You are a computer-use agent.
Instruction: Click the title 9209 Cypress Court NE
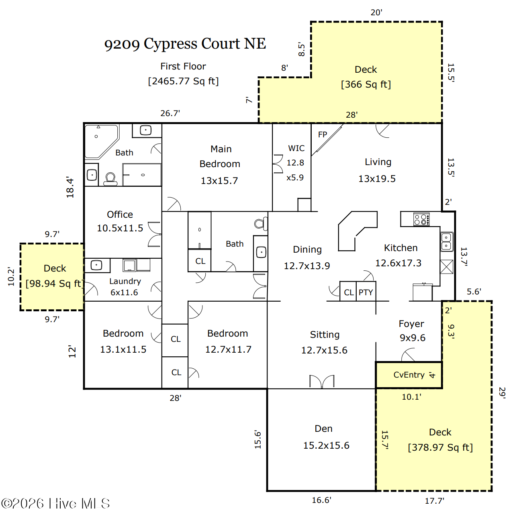[185, 44]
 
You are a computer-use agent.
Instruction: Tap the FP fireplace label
[323, 135]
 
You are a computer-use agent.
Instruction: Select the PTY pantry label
[366, 292]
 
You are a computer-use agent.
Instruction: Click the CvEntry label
[409, 375]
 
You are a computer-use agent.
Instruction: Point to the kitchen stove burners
[421, 219]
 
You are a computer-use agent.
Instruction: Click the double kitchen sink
[447, 242]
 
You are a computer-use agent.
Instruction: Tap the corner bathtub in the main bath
[102, 142]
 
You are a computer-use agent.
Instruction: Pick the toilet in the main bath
[110, 179]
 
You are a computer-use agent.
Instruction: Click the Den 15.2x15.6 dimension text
[326, 445]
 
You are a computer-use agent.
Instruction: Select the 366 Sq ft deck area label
[366, 84]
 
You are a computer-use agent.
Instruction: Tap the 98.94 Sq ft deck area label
[55, 284]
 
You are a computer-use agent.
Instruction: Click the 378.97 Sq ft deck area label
[440, 447]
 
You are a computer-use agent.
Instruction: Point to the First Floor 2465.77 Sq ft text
[183, 74]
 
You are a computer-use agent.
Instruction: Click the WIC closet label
[296, 148]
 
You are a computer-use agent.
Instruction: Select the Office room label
[120, 214]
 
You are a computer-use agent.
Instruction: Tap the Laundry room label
[125, 281]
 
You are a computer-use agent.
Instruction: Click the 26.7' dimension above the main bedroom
[170, 113]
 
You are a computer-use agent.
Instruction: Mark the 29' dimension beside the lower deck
[502, 393]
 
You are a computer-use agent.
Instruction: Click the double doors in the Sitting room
[322, 381]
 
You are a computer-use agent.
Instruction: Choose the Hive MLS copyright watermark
[55, 503]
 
